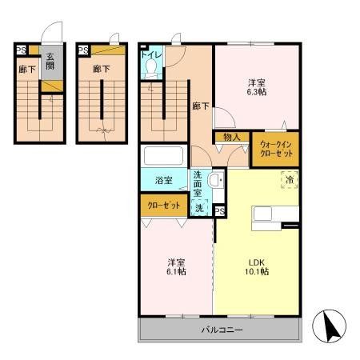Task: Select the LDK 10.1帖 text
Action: click(x=257, y=267)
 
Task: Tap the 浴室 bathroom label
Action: click(x=163, y=181)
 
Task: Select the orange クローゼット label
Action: click(x=163, y=206)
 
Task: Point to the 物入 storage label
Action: click(x=231, y=138)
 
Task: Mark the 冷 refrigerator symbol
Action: click(x=288, y=180)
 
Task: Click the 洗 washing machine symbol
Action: click(x=200, y=208)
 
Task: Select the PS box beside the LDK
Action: click(x=219, y=211)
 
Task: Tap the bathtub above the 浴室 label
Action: click(x=163, y=155)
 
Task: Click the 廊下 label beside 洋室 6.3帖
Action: click(x=200, y=105)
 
